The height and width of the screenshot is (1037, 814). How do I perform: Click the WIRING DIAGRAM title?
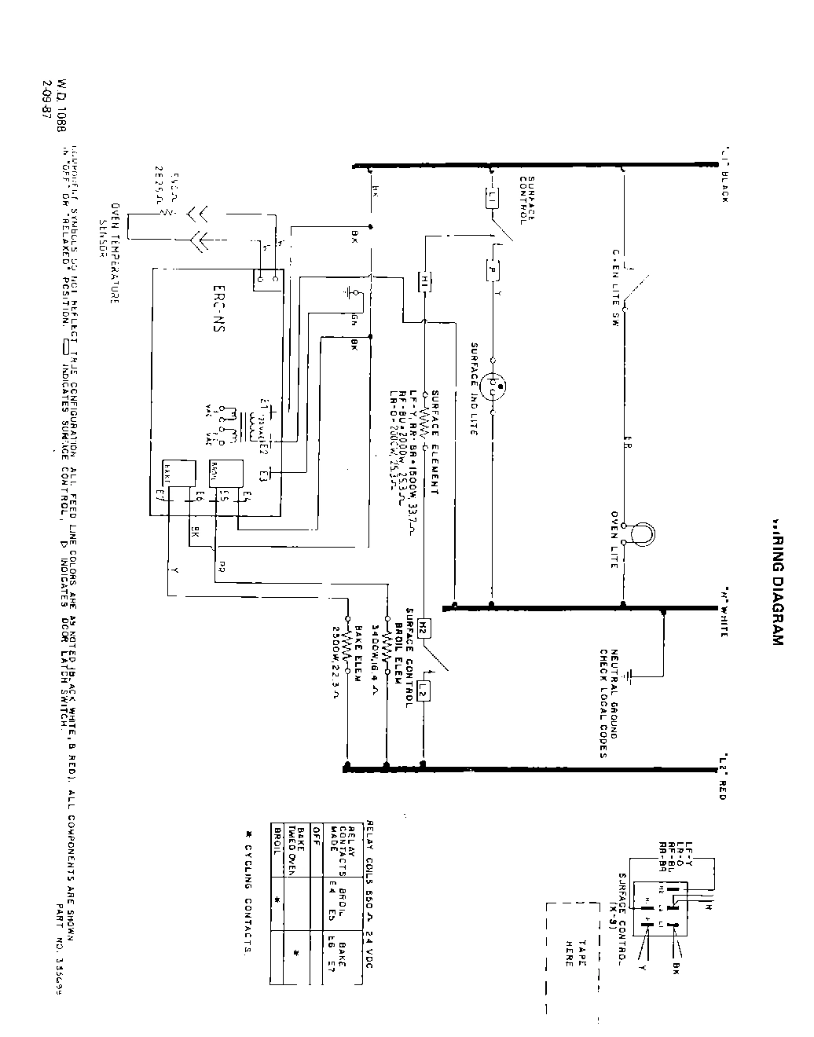coord(777,581)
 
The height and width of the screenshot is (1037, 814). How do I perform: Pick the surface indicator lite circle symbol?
coord(494,387)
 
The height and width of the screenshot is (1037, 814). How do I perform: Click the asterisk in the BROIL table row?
coord(276,897)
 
